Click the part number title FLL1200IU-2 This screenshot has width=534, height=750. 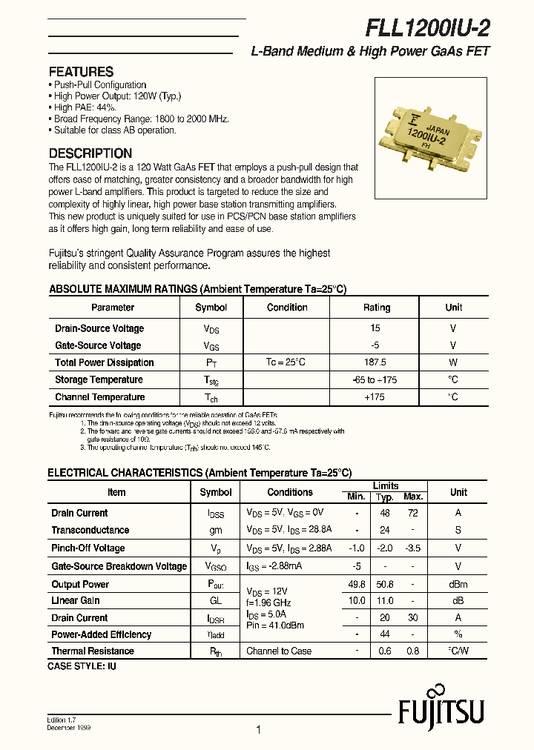click(427, 28)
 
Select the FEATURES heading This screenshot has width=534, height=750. click(81, 72)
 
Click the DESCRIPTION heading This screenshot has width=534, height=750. click(90, 153)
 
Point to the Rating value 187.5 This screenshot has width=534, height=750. click(376, 362)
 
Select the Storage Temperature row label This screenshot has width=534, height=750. click(99, 379)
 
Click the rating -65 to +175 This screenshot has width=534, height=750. click(376, 379)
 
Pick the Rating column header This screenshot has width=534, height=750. click(376, 308)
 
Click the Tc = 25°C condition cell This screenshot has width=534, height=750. click(285, 362)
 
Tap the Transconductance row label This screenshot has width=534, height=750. click(90, 530)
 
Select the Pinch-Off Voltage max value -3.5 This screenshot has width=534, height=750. click(413, 548)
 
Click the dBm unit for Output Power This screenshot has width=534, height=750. click(458, 584)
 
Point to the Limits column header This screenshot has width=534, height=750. click(385, 485)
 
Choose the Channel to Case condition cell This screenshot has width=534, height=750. click(279, 651)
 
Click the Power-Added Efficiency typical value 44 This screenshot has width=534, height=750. click(384, 634)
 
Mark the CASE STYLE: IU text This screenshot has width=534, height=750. click(82, 666)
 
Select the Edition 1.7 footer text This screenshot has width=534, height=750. click(63, 720)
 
